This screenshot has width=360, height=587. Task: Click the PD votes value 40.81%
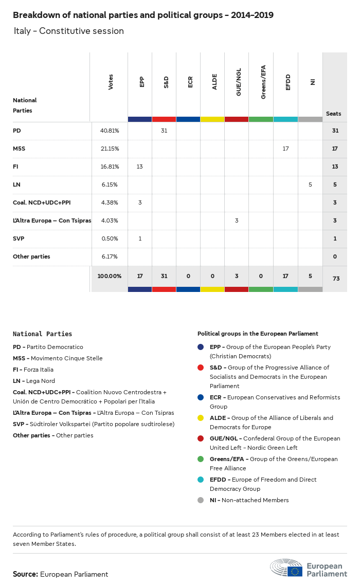click(x=109, y=131)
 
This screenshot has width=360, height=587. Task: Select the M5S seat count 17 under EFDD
click(x=285, y=149)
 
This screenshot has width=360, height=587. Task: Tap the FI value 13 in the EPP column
click(x=140, y=167)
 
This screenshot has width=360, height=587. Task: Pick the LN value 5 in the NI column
click(x=310, y=185)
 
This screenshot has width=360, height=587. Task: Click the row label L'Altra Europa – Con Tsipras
click(x=51, y=221)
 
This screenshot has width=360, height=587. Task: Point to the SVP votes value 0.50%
click(x=109, y=239)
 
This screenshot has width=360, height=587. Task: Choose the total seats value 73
click(x=335, y=279)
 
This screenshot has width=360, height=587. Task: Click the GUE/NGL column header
click(x=238, y=85)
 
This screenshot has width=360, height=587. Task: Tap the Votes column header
click(x=111, y=82)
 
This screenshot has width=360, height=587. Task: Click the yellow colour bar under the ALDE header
click(x=212, y=119)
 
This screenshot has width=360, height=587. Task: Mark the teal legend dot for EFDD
click(x=201, y=480)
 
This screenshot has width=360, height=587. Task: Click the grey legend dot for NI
click(x=201, y=500)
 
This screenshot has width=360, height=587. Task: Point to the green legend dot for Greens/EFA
click(x=201, y=459)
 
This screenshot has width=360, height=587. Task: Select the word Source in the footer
click(x=25, y=574)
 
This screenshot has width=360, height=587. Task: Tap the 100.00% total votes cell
click(x=110, y=276)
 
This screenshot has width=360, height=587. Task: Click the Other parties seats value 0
click(x=335, y=256)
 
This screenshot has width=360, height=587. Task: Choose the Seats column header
click(x=333, y=114)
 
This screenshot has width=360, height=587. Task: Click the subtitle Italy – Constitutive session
click(x=69, y=31)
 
